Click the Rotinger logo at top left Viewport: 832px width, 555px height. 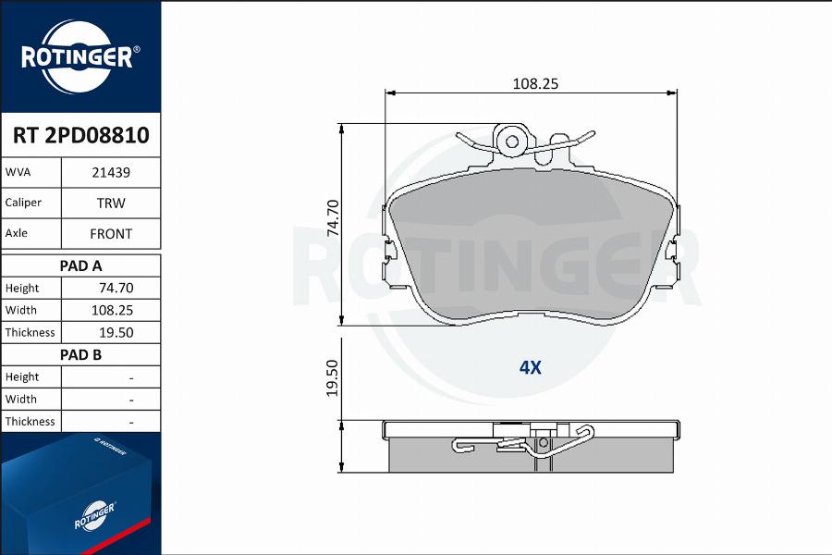tap(80, 56)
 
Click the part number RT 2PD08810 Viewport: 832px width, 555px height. tap(80, 136)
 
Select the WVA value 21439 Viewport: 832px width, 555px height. tap(111, 172)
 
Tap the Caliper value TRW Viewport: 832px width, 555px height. tap(111, 203)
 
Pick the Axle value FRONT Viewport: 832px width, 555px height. tap(111, 234)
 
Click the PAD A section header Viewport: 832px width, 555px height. tap(80, 265)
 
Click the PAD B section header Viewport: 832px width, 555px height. tap(80, 354)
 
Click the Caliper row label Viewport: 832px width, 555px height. tap(23, 203)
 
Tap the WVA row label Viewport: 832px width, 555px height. tap(18, 172)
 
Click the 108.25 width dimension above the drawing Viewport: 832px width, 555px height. tap(536, 83)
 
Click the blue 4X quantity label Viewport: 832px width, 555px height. tap(530, 367)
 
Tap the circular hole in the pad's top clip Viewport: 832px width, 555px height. tap(509, 141)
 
